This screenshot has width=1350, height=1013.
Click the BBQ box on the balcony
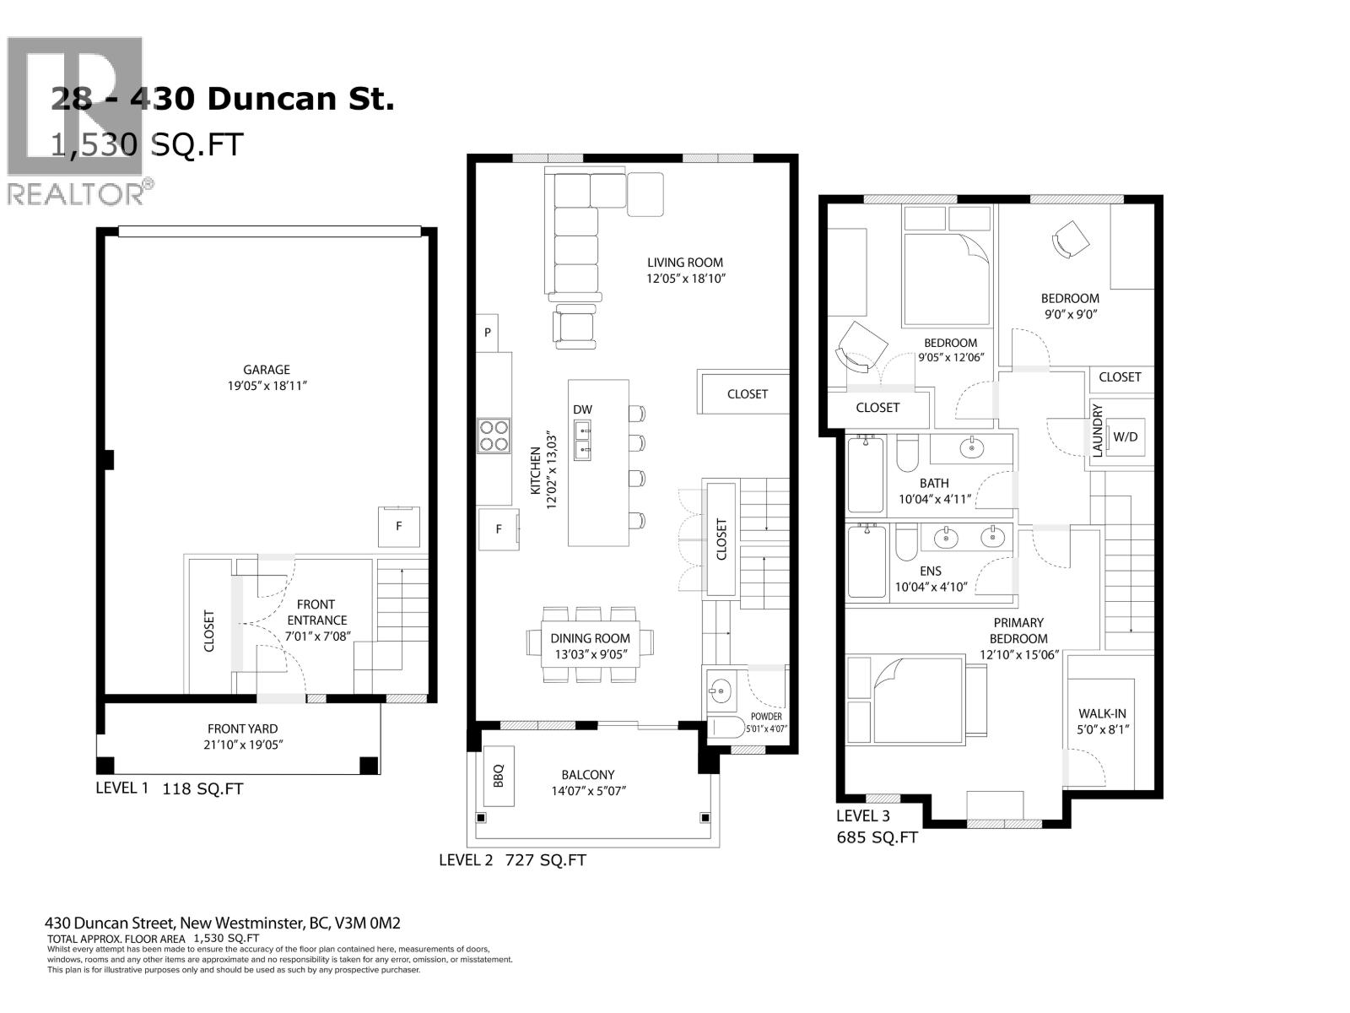pyautogui.click(x=498, y=776)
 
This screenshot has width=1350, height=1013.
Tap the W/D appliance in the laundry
pyautogui.click(x=1125, y=436)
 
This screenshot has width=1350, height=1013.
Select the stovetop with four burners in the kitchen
pyautogui.click(x=493, y=435)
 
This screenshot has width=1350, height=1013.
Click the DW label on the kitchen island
pyautogui.click(x=582, y=409)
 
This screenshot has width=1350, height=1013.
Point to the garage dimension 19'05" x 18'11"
pyautogui.click(x=267, y=386)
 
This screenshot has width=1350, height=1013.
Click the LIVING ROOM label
pyautogui.click(x=685, y=263)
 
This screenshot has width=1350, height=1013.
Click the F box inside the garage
pyautogui.click(x=398, y=526)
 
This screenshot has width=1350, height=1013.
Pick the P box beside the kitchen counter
pyautogui.click(x=487, y=333)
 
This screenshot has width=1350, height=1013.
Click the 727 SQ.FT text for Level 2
pyautogui.click(x=545, y=860)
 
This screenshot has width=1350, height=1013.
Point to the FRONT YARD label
pyautogui.click(x=242, y=729)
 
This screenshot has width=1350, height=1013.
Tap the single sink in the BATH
pyautogui.click(x=972, y=447)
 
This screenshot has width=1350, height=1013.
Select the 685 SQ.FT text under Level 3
pyautogui.click(x=877, y=837)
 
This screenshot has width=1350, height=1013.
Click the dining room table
pyautogui.click(x=590, y=645)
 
